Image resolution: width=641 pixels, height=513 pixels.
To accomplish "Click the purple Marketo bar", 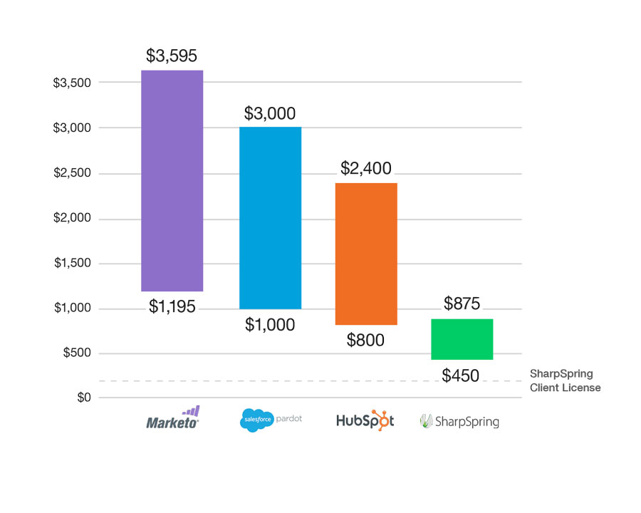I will click(x=172, y=180).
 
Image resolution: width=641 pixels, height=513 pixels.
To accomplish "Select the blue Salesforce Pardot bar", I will click(x=270, y=217).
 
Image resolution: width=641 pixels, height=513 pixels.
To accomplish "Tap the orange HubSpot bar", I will click(x=366, y=254).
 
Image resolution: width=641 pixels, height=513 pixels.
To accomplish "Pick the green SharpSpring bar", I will click(x=462, y=339).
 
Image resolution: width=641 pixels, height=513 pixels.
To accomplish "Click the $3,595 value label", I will click(x=172, y=56).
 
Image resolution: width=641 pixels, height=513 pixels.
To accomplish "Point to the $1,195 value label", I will click(x=172, y=307).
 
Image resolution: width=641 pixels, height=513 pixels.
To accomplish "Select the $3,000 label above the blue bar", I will click(x=270, y=113).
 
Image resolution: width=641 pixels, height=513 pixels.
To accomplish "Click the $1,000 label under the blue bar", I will click(x=270, y=325).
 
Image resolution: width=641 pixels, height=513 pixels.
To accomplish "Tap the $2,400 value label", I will click(x=366, y=169).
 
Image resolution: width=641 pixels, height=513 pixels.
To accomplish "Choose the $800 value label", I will click(x=365, y=340).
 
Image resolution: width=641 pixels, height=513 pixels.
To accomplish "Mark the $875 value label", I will click(x=462, y=304).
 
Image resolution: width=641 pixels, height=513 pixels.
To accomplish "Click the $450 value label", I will click(x=461, y=375).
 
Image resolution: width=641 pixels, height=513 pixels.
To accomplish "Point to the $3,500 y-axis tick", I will click(x=72, y=83).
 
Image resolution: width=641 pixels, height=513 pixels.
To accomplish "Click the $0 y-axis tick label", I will click(x=83, y=398).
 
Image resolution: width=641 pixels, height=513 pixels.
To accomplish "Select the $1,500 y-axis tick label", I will click(x=72, y=263).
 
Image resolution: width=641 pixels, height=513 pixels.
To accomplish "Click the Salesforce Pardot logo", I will click(x=271, y=419).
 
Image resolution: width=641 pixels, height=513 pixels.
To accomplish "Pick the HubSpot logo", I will click(x=365, y=420).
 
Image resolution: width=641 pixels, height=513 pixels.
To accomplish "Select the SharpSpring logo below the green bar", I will click(x=459, y=421).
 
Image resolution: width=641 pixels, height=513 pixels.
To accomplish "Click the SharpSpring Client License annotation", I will click(x=565, y=380).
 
